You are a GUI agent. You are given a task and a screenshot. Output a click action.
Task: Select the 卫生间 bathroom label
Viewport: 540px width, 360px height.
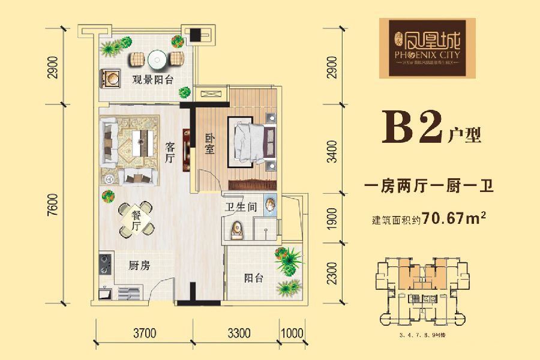[241, 208]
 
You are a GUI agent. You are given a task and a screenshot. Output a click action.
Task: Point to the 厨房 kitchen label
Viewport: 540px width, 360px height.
[139, 266]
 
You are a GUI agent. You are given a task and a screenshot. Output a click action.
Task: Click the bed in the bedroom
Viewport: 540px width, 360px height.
[252, 140]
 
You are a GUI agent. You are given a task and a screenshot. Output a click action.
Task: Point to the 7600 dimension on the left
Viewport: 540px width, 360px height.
[55, 204]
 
